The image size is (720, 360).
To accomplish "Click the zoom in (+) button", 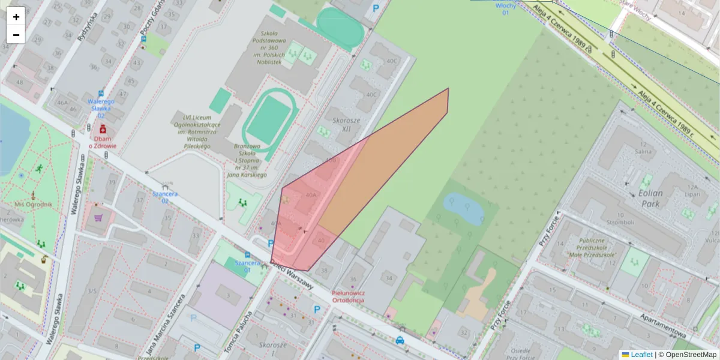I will [16, 17].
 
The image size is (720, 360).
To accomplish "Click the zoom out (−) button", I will [16, 35].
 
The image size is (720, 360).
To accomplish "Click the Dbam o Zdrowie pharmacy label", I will [103, 142].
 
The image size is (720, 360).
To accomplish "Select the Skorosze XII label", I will [346, 125].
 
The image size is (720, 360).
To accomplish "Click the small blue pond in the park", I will [463, 208].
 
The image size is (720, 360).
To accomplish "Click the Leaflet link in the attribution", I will [641, 355].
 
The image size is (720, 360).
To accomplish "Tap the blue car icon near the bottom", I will [400, 340].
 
